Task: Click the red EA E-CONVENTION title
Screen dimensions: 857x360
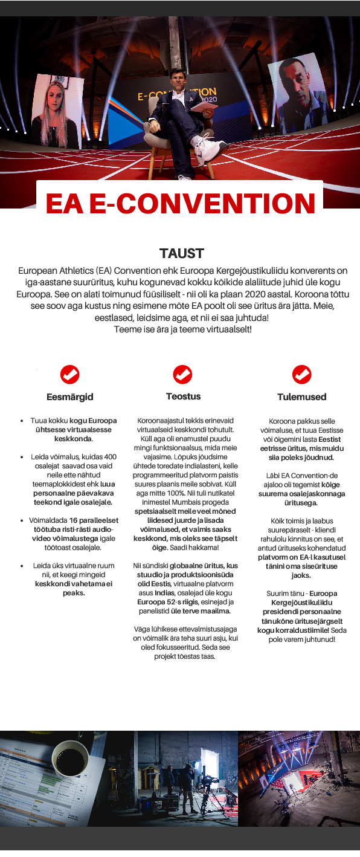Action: pyautogui.click(x=180, y=204)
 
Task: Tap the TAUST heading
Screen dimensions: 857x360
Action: pyautogui.click(x=181, y=253)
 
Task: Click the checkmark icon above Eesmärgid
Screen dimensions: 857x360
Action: pyautogui.click(x=70, y=375)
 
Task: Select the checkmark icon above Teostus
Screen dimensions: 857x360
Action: pyautogui.click(x=183, y=375)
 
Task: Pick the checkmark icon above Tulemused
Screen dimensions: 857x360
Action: pyautogui.click(x=301, y=375)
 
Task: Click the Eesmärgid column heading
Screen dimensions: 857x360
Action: pyautogui.click(x=70, y=397)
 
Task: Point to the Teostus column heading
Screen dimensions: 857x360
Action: pyautogui.click(x=183, y=396)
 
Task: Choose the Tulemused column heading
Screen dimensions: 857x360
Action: pyautogui.click(x=301, y=397)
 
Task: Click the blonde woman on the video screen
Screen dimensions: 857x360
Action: pyautogui.click(x=57, y=112)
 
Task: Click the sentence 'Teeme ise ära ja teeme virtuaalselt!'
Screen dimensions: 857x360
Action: pyautogui.click(x=182, y=329)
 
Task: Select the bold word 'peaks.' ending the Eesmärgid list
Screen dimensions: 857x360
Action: pyautogui.click(x=74, y=592)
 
